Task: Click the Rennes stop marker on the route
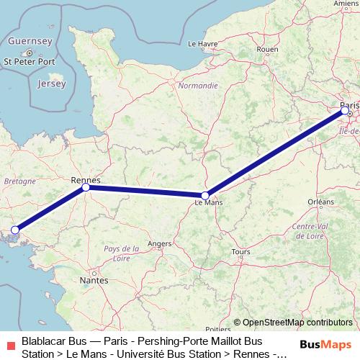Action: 86,187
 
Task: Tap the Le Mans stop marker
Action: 205,195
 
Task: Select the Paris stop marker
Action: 346,111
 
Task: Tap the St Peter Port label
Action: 30,62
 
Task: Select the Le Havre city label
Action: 202,44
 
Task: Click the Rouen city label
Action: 266,49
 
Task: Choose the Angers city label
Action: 159,243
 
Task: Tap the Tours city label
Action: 241,251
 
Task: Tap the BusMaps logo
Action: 326,344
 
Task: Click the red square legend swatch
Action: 9,345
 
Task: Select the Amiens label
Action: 346,4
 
